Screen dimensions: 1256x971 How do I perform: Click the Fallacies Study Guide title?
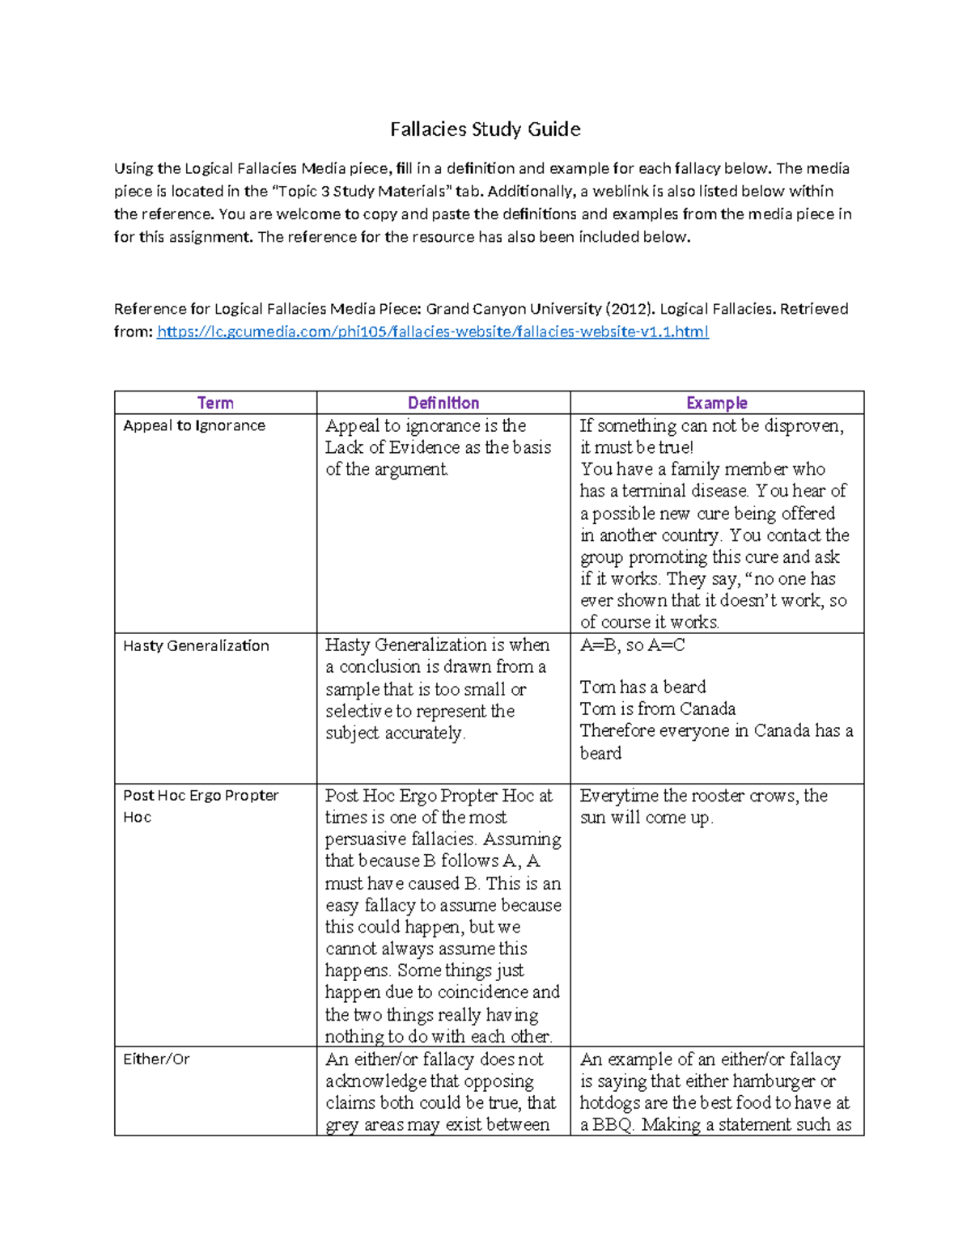(485, 129)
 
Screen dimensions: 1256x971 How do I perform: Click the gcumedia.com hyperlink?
(432, 332)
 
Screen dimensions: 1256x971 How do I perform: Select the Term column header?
(215, 403)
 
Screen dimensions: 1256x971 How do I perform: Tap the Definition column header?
(443, 403)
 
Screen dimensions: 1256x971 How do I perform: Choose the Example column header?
(716, 403)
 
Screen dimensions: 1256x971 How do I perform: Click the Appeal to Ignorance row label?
(194, 425)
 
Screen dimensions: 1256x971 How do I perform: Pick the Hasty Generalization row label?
(196, 645)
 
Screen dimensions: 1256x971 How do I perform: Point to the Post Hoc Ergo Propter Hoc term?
(201, 796)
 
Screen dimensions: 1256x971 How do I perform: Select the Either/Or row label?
(156, 1059)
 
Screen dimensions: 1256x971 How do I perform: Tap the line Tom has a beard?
(642, 687)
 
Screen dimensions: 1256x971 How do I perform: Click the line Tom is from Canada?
(657, 709)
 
